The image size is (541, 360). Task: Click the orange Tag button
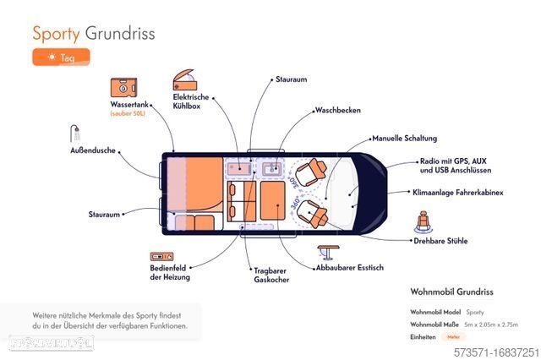pyautogui.click(x=61, y=57)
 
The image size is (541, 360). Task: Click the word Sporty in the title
pyautogui.click(x=55, y=34)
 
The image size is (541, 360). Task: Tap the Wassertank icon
pyautogui.click(x=123, y=88)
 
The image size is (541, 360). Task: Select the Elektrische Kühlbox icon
pyautogui.click(x=185, y=80)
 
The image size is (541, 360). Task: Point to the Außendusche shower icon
pyautogui.click(x=75, y=134)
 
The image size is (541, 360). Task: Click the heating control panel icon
pyautogui.click(x=161, y=255)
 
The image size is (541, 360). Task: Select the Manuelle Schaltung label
pyautogui.click(x=404, y=137)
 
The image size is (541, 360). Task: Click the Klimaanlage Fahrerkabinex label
pyautogui.click(x=457, y=192)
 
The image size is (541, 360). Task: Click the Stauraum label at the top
pyautogui.click(x=290, y=79)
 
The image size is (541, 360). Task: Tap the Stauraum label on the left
pyautogui.click(x=104, y=215)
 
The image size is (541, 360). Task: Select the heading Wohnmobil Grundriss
pyautogui.click(x=451, y=292)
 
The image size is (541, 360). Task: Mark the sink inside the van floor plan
pyautogui.click(x=273, y=169)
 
